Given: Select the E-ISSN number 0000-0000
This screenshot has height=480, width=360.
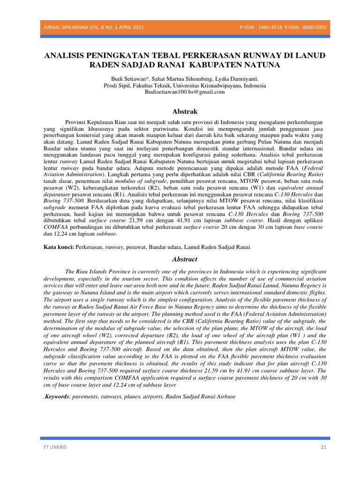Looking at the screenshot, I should point(315,27).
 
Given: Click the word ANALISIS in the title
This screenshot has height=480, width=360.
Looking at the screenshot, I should point(67,56).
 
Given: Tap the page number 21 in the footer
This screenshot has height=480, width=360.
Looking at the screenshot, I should point(323,447).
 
